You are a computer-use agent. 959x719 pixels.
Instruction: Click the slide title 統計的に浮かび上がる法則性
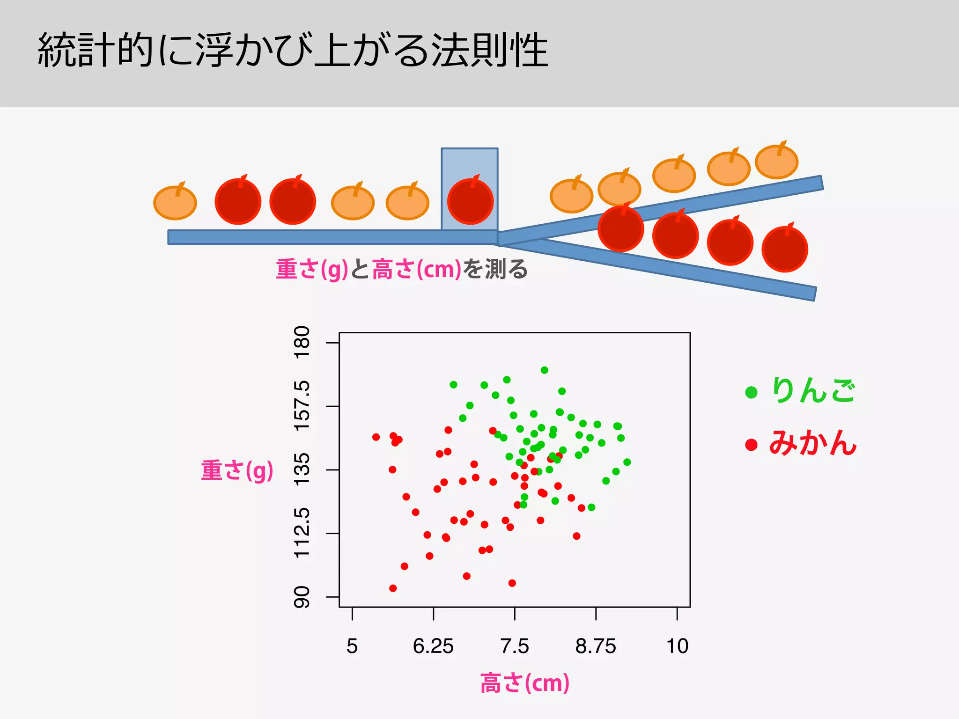293,50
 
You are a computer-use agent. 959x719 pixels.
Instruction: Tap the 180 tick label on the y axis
302,342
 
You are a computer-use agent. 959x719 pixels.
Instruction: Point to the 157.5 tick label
302,406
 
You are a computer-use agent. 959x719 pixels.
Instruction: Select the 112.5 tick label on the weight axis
302,533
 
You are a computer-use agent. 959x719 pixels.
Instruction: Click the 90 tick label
302,597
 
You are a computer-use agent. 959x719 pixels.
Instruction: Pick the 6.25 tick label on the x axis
433,646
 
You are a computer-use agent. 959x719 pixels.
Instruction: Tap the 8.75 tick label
596,646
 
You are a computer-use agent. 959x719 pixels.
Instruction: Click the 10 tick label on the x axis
677,646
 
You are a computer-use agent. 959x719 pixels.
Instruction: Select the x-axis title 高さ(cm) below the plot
525,683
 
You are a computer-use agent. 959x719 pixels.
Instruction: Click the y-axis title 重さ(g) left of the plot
237,470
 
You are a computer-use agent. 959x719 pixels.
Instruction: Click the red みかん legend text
812,443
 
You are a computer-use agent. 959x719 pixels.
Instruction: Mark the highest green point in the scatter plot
545,370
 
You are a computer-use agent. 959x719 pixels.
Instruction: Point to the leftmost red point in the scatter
376,437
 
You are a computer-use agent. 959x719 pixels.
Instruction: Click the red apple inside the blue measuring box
470,201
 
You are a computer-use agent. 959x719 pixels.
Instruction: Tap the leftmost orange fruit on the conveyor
175,203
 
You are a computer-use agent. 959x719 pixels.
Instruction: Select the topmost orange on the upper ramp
776,161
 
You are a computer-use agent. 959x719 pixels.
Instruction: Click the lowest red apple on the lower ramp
785,249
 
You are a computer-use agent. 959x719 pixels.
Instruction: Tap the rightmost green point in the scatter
627,462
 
